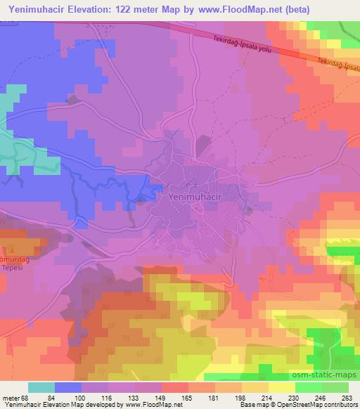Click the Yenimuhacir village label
(x=199, y=197)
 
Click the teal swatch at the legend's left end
(x=41, y=387)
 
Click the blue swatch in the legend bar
(x=68, y=387)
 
